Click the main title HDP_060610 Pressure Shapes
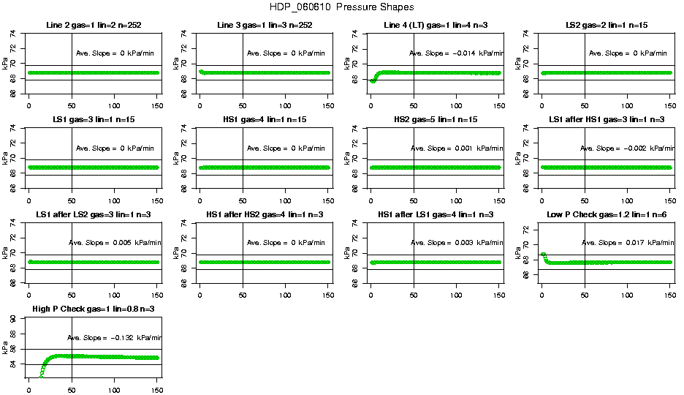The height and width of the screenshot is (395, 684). [342, 7]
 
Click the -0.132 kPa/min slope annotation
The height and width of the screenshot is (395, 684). [114, 338]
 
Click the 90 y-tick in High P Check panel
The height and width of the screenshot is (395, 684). [15, 319]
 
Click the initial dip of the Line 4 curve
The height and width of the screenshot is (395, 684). [373, 80]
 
